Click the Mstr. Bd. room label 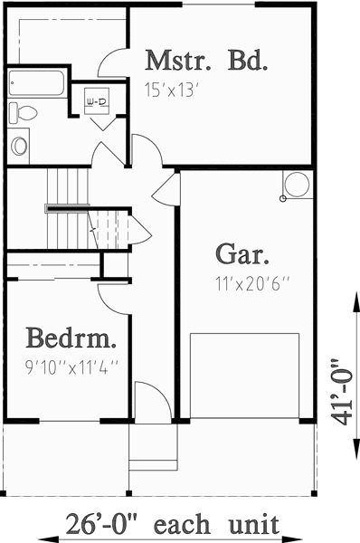(x=207, y=62)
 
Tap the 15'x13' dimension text (x=169, y=90)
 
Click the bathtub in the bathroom (x=38, y=84)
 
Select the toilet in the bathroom (x=23, y=112)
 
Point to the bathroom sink (x=19, y=144)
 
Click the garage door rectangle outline (x=244, y=376)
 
